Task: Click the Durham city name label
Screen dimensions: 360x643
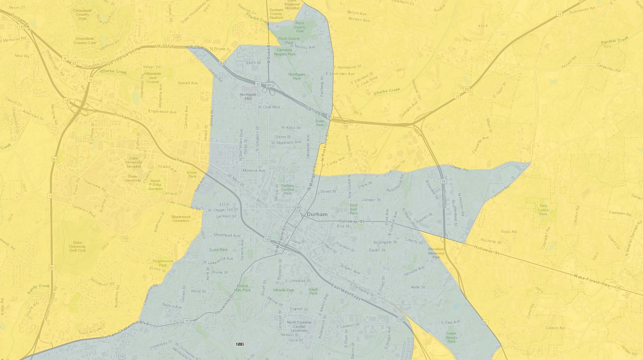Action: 317,214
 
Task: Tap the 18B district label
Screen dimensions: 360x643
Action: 239,344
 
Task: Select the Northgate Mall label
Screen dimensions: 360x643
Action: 248,96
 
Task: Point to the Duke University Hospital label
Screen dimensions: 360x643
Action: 134,162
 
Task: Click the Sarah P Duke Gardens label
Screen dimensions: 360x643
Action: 155,184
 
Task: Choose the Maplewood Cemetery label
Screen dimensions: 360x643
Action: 181,219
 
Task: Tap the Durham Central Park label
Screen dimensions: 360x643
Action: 287,189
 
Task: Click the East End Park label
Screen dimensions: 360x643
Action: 354,209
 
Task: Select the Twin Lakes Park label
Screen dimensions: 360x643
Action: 543,210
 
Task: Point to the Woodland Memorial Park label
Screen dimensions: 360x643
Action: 436,253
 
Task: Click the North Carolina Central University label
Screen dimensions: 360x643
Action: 299,326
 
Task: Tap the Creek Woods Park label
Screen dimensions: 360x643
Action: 451,337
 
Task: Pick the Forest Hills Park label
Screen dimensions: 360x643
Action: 243,288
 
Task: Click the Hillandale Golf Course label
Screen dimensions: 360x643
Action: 153,78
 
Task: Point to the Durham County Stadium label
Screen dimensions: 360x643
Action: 276,14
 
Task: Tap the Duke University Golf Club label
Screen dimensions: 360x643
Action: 78,246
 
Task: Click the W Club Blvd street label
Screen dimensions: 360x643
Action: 269,107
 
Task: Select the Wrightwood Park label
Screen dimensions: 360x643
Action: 163,263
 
